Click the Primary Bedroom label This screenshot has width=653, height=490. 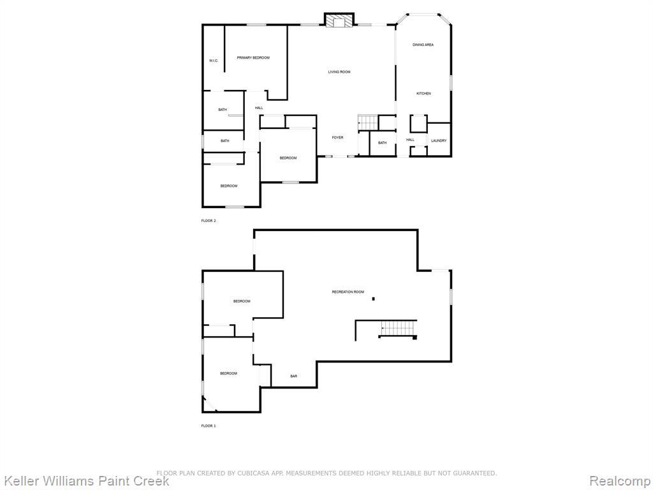(x=253, y=57)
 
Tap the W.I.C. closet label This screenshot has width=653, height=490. (x=214, y=61)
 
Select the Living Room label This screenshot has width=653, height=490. (x=339, y=72)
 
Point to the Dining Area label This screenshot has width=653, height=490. (x=423, y=45)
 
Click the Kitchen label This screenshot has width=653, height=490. (x=423, y=94)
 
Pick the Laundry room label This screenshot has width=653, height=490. (x=439, y=141)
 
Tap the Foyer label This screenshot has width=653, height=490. (x=338, y=138)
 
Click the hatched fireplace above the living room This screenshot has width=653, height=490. (x=339, y=21)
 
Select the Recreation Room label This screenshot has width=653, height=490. (x=348, y=292)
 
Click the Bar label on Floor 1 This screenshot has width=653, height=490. (x=293, y=376)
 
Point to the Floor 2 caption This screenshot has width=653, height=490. (x=209, y=221)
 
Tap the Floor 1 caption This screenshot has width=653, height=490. (x=209, y=426)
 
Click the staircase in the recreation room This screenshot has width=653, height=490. (x=398, y=329)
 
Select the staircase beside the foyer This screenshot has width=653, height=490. (x=368, y=123)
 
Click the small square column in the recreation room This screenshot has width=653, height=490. (x=374, y=299)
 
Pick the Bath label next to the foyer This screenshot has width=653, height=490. (x=383, y=143)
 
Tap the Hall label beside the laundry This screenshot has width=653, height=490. (x=410, y=140)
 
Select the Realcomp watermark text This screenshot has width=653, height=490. (x=620, y=480)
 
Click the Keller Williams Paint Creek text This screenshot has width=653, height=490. (x=85, y=480)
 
